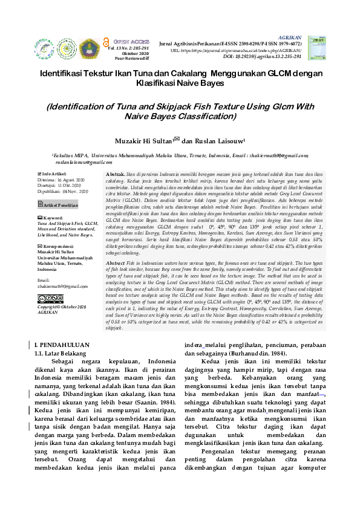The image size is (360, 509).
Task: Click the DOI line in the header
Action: (262, 56)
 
